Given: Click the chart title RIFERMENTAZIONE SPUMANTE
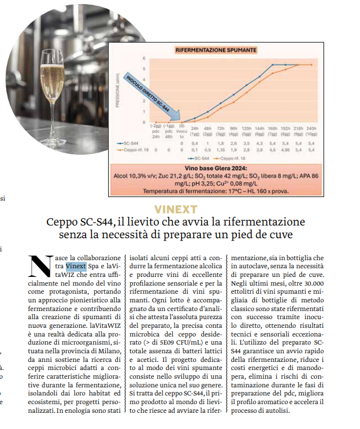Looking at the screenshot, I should click(216, 51).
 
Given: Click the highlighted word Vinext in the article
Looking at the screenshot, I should click(76, 266).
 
